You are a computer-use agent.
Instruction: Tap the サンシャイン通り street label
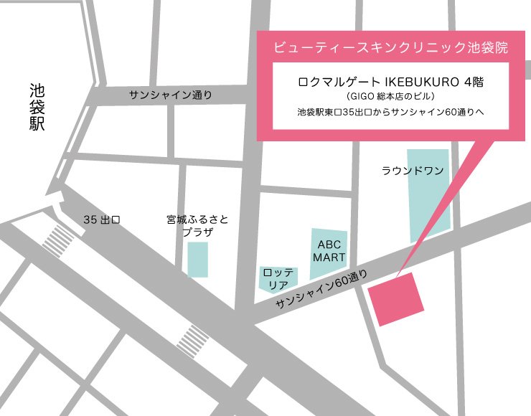coord(171,95)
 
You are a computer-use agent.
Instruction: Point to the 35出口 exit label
coord(100,219)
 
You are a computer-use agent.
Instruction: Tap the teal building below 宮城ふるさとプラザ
coord(197,259)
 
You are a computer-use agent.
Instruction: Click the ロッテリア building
coord(274,279)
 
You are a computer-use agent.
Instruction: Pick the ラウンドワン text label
coord(413,170)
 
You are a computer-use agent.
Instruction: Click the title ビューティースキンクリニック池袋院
coord(390,49)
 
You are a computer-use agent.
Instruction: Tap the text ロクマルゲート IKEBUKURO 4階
coord(390,82)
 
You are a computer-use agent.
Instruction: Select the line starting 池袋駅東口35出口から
coord(390,113)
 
